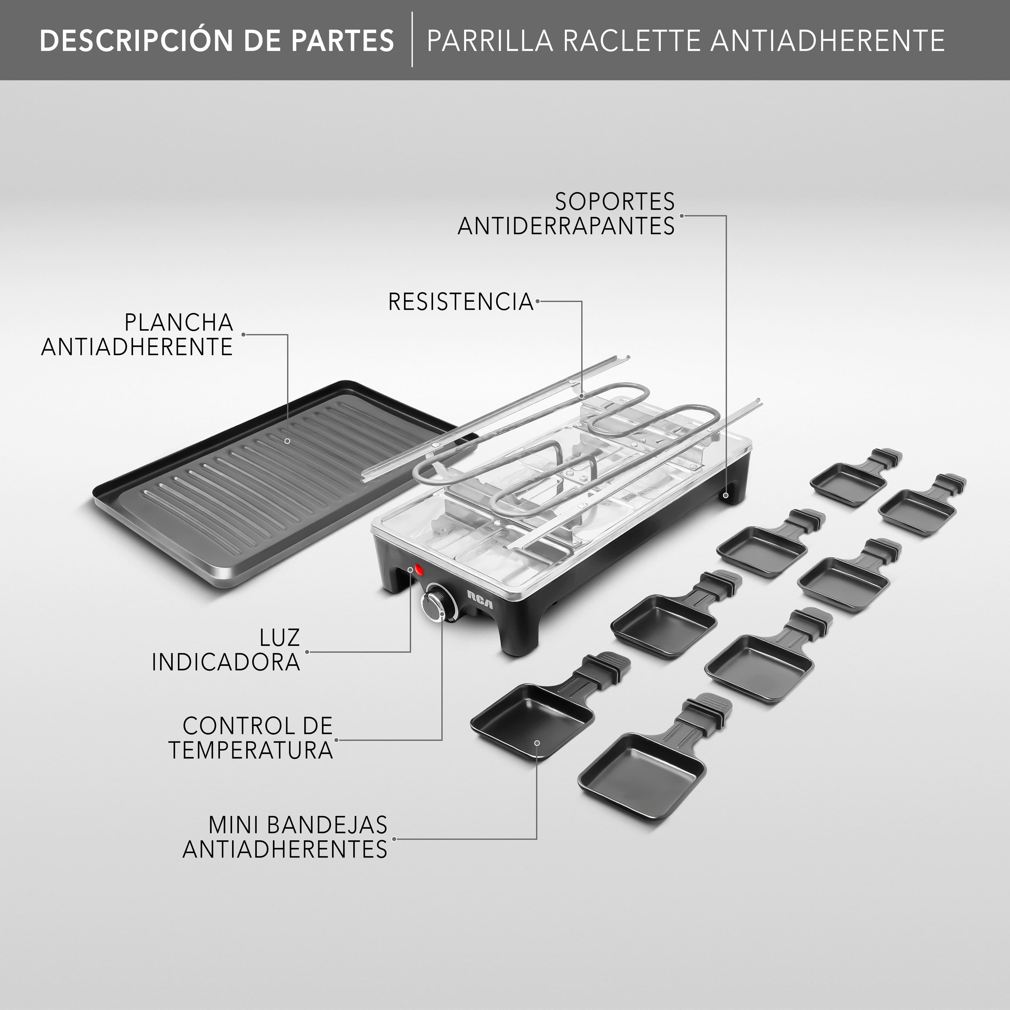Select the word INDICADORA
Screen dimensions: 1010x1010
point(226,662)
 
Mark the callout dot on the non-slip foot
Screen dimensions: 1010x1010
point(726,494)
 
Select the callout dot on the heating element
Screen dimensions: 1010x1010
point(582,396)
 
